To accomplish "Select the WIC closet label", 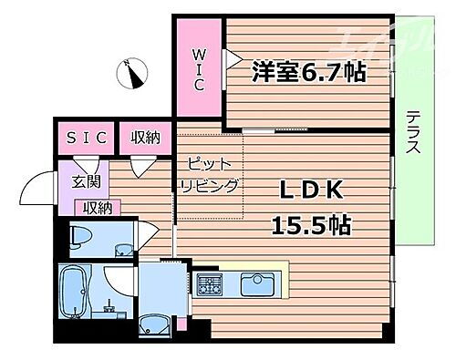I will (198, 67).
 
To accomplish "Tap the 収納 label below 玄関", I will (98, 209).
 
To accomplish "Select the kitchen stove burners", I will (208, 283).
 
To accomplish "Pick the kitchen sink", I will (256, 284).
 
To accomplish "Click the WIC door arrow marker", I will (233, 60).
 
